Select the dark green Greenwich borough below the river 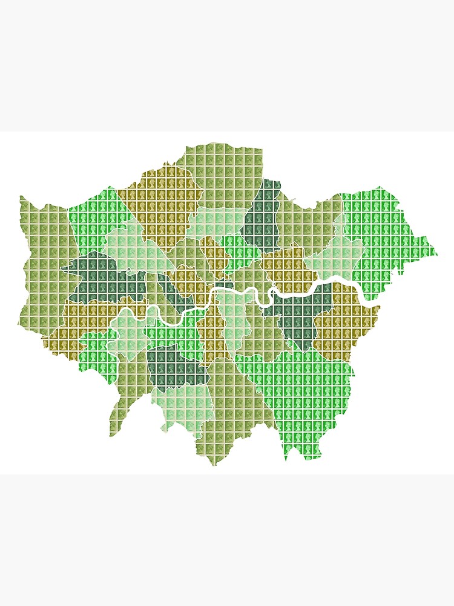tap(297, 315)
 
